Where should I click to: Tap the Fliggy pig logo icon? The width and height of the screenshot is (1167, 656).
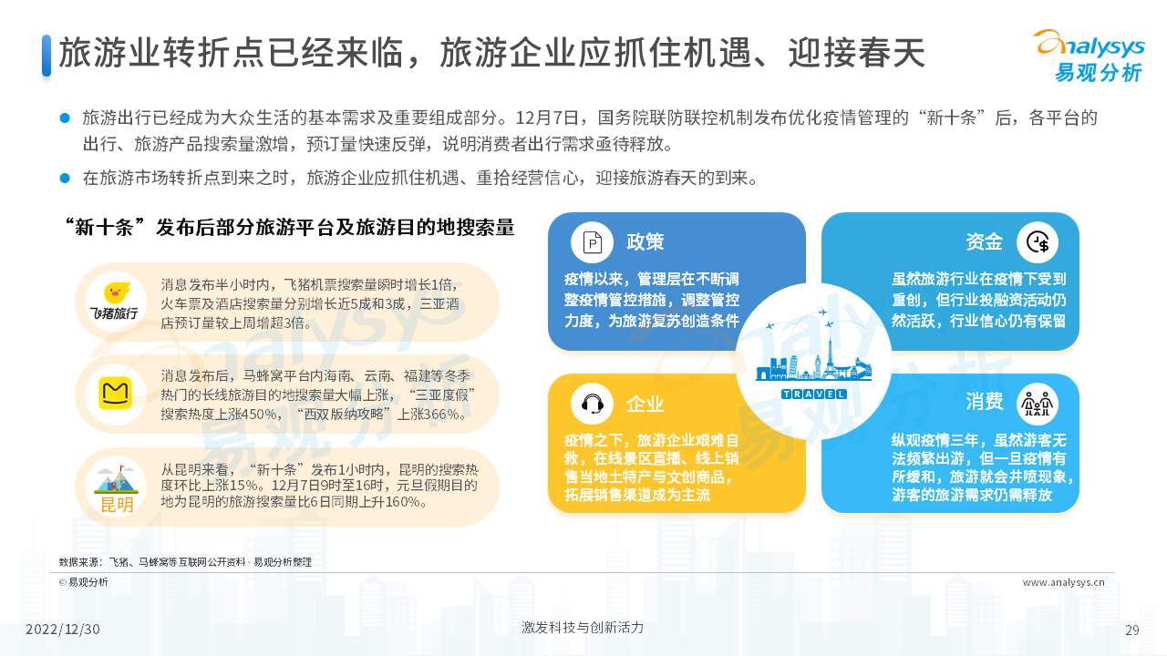[x=116, y=293]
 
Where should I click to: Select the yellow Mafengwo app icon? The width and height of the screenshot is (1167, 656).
[x=115, y=393]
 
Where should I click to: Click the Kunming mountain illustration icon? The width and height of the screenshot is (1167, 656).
[x=116, y=479]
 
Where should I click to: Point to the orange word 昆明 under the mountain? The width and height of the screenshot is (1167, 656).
[x=117, y=505]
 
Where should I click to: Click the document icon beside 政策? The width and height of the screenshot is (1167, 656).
[x=592, y=242]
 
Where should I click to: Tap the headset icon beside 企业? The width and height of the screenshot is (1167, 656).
[x=592, y=404]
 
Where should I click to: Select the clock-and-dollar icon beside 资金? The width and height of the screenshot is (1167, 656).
[x=1038, y=242]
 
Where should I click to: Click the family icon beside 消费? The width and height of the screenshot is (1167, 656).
[x=1038, y=404]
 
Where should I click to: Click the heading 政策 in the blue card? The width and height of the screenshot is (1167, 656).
[x=645, y=242]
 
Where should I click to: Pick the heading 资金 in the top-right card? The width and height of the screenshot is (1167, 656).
[x=984, y=242]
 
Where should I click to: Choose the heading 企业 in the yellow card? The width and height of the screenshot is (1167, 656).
[x=645, y=404]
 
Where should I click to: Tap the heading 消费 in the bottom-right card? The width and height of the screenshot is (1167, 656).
[x=984, y=402]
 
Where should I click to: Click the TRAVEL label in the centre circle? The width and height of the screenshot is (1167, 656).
[x=814, y=395]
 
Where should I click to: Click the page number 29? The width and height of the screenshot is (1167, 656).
[x=1132, y=630]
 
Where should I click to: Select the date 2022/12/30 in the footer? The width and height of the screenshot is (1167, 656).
[x=63, y=630]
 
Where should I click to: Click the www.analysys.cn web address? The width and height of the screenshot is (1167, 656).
[x=1063, y=582]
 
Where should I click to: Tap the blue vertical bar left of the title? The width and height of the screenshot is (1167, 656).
[x=46, y=56]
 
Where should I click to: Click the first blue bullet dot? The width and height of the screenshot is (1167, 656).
[x=65, y=118]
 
